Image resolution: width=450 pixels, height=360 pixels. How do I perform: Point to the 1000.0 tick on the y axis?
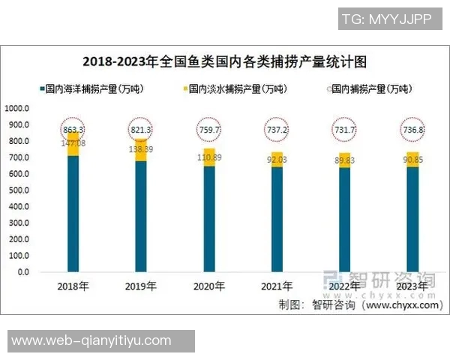click(x=17, y=108)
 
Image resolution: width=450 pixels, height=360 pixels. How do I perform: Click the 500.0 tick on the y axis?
click(x=19, y=190)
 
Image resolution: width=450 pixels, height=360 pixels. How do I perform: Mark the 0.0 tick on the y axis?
click(x=23, y=272)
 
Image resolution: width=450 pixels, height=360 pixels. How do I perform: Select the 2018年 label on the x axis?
click(x=73, y=286)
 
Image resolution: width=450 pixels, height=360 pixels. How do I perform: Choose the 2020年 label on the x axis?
click(x=208, y=286)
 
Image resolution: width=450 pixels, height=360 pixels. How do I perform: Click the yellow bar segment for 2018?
click(x=73, y=144)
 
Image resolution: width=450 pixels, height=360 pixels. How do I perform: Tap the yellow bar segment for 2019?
click(x=141, y=150)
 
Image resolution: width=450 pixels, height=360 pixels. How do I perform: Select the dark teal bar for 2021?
click(x=276, y=219)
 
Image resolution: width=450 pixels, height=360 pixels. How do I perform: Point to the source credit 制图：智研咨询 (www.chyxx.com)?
click(x=358, y=304)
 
